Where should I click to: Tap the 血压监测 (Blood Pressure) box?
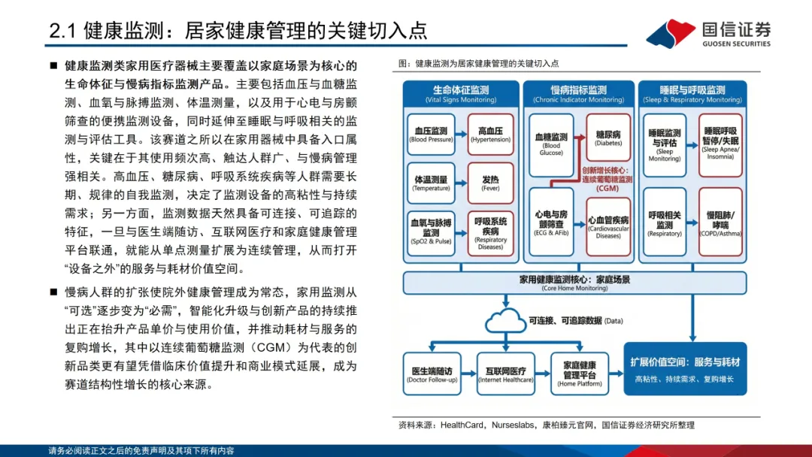pos(431,135)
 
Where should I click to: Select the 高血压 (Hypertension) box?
pos(490,135)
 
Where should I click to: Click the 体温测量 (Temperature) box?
pos(431,183)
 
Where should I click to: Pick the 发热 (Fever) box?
pos(490,183)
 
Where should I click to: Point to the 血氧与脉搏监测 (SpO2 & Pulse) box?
pos(431,232)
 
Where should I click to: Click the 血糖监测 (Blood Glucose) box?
pos(551,144)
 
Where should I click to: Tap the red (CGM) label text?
pos(607,189)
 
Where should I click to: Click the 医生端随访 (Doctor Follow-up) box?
pos(432,374)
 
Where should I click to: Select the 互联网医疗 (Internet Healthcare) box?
pos(505,374)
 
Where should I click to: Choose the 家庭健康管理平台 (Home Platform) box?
pos(579,374)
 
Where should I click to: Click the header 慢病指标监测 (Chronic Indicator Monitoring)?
pos(578,93)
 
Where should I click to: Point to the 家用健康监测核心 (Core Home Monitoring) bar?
pos(575,282)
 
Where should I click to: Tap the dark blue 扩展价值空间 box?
pos(685,369)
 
